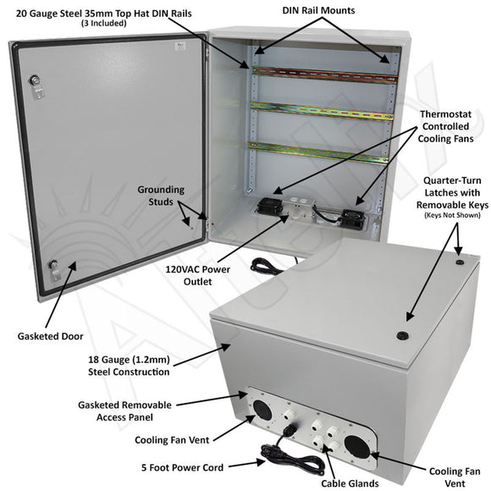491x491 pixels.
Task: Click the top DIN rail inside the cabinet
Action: coord(322,74)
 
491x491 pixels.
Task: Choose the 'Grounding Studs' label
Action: coord(161,196)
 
